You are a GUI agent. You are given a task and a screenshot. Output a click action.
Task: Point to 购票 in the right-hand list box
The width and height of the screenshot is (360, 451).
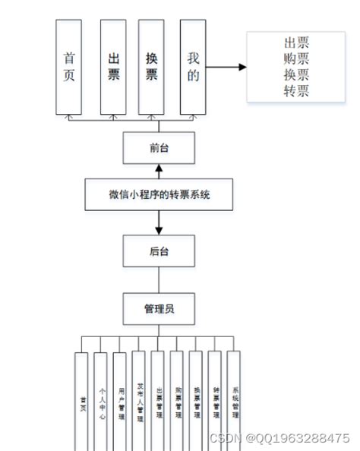[x=296, y=59]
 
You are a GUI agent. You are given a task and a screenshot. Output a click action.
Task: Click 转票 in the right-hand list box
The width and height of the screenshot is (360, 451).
[x=296, y=93]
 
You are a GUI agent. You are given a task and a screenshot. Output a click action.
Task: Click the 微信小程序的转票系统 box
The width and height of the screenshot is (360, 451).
[x=159, y=195]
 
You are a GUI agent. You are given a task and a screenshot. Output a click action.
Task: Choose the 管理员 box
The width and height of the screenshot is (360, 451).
[x=159, y=308]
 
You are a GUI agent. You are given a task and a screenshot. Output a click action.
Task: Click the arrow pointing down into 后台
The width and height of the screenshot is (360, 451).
[x=159, y=223]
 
